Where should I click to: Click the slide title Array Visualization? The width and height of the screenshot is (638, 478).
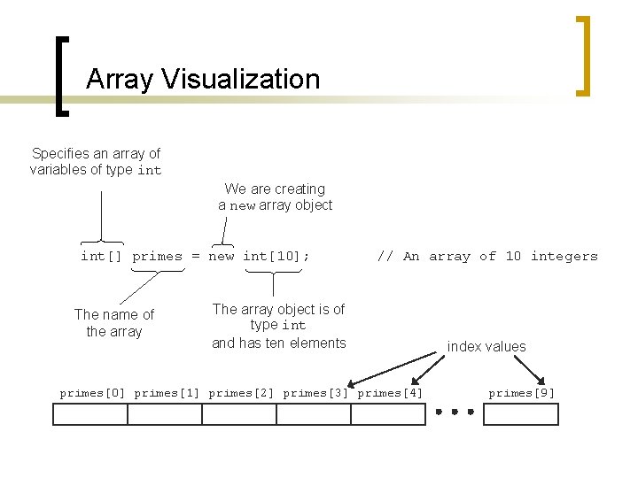[203, 80]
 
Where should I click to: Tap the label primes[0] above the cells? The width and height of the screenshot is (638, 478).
[92, 392]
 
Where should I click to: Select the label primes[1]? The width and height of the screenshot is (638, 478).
[167, 392]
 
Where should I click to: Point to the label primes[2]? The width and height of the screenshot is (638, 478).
[241, 392]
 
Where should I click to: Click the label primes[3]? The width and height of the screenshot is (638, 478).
[315, 392]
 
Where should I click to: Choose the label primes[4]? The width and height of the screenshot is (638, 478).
[390, 392]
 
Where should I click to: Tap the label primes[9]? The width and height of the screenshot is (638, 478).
[522, 392]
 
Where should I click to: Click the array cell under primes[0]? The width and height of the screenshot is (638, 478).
[90, 414]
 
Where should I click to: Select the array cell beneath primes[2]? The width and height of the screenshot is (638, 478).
[239, 414]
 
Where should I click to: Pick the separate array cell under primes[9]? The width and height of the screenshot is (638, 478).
[521, 414]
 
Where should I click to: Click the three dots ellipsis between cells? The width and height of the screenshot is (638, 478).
[455, 412]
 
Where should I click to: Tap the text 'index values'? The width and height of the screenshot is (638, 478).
[486, 347]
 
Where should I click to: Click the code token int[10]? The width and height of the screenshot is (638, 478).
[276, 256]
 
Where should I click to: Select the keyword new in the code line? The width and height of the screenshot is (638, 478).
[222, 256]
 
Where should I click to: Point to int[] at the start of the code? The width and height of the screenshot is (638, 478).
[101, 256]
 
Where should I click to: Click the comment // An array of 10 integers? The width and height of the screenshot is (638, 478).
[487, 256]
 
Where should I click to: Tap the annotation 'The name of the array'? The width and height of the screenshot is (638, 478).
[114, 322]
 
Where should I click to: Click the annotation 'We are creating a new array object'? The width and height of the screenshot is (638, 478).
[276, 197]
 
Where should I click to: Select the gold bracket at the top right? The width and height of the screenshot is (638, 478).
[583, 55]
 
